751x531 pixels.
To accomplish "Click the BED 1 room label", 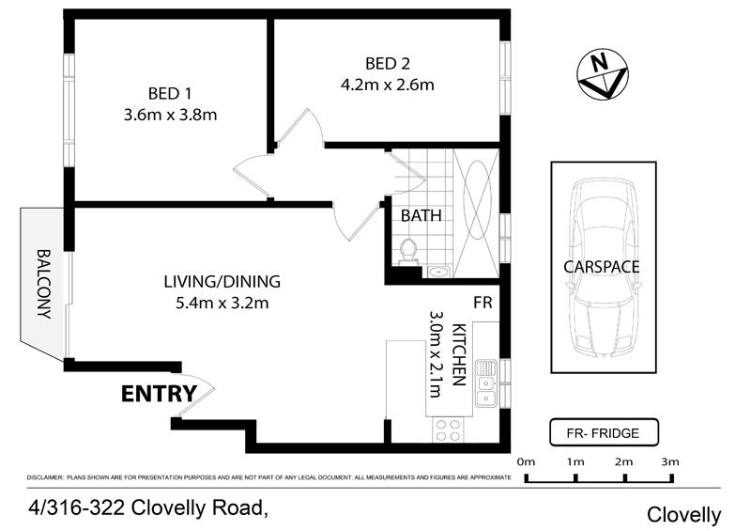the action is tap(170, 94).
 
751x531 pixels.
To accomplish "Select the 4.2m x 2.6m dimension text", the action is tap(388, 86).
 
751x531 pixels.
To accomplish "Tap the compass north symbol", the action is tap(603, 74).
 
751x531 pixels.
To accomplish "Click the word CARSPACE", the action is tap(602, 267).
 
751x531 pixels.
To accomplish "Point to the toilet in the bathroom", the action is tap(408, 252).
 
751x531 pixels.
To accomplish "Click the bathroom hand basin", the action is tap(437, 272).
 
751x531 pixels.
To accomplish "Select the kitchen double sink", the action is tap(486, 383).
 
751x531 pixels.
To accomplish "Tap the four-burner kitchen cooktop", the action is tap(448, 429).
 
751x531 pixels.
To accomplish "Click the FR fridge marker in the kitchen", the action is tap(483, 303).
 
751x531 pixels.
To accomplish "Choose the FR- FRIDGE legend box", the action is tap(604, 432).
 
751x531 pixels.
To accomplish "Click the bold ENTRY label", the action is tap(159, 394).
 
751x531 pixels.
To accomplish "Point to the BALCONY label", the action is tap(44, 284).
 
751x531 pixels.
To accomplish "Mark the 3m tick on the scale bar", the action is tap(672, 478).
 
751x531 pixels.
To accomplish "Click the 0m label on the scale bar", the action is tap(526, 462).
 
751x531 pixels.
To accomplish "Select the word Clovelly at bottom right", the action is tap(683, 515).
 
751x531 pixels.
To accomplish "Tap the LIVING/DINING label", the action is tap(222, 282).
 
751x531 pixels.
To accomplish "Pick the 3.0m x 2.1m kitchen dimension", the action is tap(435, 354).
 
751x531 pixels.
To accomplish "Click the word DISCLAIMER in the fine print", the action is tap(45, 477).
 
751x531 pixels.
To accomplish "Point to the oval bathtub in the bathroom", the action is tap(478, 200).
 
